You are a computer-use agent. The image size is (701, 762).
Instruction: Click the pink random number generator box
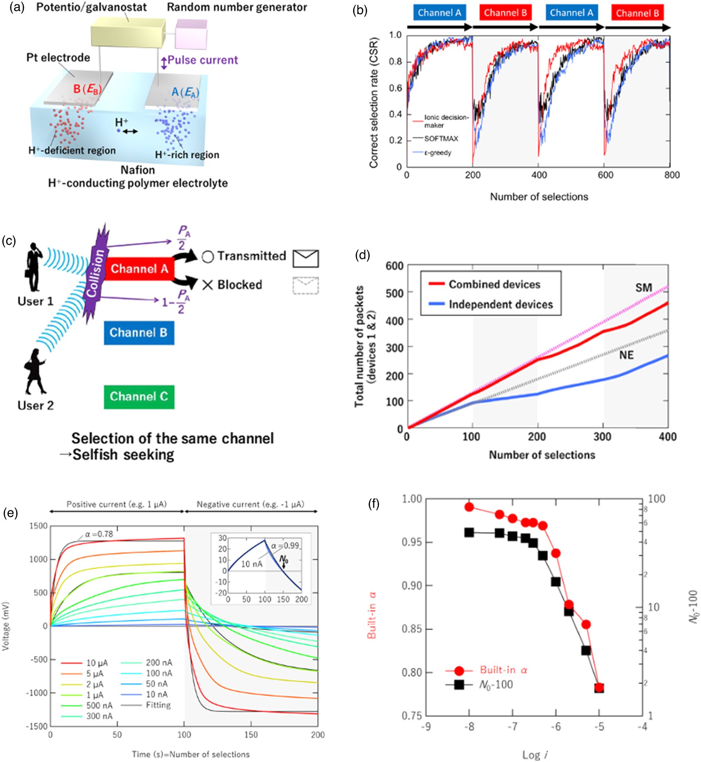pos(191,34)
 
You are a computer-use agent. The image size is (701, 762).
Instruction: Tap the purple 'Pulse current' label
pos(203,60)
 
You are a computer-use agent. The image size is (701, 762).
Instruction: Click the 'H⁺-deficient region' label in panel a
pos(72,150)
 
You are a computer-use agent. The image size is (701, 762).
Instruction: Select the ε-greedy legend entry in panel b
pos(437,153)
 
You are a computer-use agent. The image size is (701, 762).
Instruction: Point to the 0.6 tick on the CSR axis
pos(395,88)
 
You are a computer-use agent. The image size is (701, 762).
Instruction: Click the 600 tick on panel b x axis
pos(605,175)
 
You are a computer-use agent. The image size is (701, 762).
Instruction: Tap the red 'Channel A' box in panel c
pos(139,268)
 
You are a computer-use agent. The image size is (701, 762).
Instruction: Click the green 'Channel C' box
pos(139,396)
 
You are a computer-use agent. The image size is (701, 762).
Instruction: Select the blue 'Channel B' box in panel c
pos(139,332)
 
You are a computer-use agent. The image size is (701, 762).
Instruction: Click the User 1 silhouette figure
pos(34,267)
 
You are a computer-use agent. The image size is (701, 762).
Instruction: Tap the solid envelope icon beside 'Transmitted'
pos(305,258)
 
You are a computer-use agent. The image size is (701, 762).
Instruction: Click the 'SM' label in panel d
pos(643,288)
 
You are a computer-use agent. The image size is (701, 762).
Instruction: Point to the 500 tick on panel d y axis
pos(394,293)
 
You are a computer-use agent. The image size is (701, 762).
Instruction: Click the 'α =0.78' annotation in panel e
pos(99,534)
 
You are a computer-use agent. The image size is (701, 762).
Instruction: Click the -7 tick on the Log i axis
pos(512,727)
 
